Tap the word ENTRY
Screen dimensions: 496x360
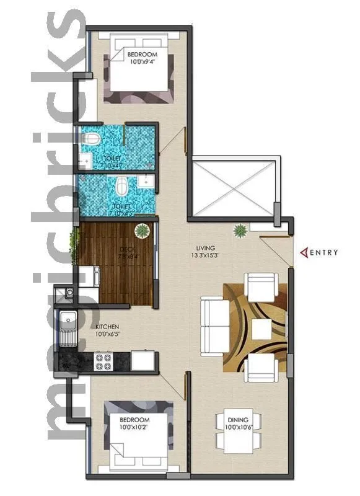pos(324,252)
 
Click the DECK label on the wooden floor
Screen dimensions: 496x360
pos(126,250)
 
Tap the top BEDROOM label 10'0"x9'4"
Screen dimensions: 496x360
pos(142,58)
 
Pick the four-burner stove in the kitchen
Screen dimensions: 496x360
pos(102,360)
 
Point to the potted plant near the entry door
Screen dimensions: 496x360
pos(239,231)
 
